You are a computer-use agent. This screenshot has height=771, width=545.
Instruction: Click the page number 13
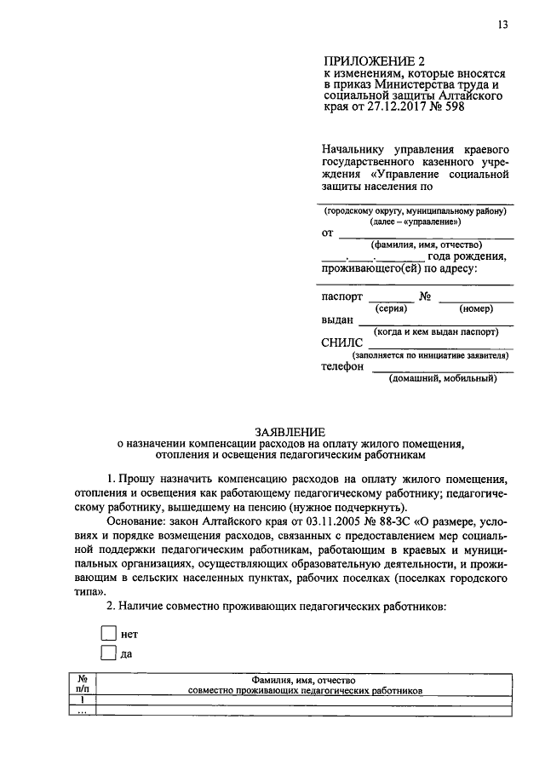pos(502,25)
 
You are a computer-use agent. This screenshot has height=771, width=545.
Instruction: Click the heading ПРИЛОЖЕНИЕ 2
pos(373,61)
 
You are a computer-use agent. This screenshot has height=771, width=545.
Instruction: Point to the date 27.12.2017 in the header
pos(396,109)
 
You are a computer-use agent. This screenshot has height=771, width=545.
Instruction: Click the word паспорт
pos(341,296)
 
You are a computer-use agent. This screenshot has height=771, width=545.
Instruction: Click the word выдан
pos(337,321)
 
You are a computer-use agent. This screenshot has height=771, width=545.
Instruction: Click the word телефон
pos(342,367)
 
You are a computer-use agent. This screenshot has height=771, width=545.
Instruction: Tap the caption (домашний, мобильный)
pos(443,379)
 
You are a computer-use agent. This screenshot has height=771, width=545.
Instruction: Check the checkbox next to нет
pos(107,633)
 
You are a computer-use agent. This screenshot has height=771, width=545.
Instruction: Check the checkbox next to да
pos(107,653)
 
